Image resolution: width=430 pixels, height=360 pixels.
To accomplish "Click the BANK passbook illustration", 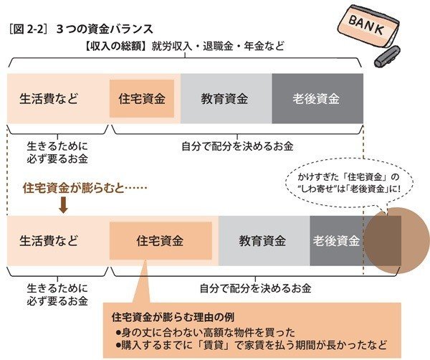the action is click(367, 29).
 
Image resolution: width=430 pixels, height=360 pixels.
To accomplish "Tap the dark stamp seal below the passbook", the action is click(388, 57).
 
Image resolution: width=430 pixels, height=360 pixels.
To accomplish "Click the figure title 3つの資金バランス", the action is click(105, 29).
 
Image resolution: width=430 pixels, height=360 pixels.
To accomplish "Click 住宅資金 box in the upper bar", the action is click(142, 98).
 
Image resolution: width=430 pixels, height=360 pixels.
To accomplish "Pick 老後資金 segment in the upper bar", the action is click(317, 98).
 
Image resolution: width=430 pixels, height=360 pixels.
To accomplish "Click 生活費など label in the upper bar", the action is click(49, 98).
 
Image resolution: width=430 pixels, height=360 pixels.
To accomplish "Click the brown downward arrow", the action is click(63, 206).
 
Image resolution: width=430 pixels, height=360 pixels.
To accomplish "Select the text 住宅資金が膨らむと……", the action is click(85, 189).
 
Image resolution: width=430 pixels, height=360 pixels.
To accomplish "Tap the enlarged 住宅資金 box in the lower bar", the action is click(161, 241).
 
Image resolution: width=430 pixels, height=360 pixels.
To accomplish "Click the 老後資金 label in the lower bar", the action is click(336, 241).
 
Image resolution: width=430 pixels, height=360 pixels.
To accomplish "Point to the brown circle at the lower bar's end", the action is click(396, 241).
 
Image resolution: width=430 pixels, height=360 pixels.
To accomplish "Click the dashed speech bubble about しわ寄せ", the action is click(349, 183).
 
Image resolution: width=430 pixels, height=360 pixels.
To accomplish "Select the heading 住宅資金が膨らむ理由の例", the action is click(173, 317).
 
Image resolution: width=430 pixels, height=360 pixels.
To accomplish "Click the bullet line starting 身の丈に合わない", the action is click(205, 333).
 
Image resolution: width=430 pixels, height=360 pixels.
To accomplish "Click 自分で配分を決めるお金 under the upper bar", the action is click(237, 146).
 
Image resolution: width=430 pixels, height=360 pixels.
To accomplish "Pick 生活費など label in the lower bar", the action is click(49, 241).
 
